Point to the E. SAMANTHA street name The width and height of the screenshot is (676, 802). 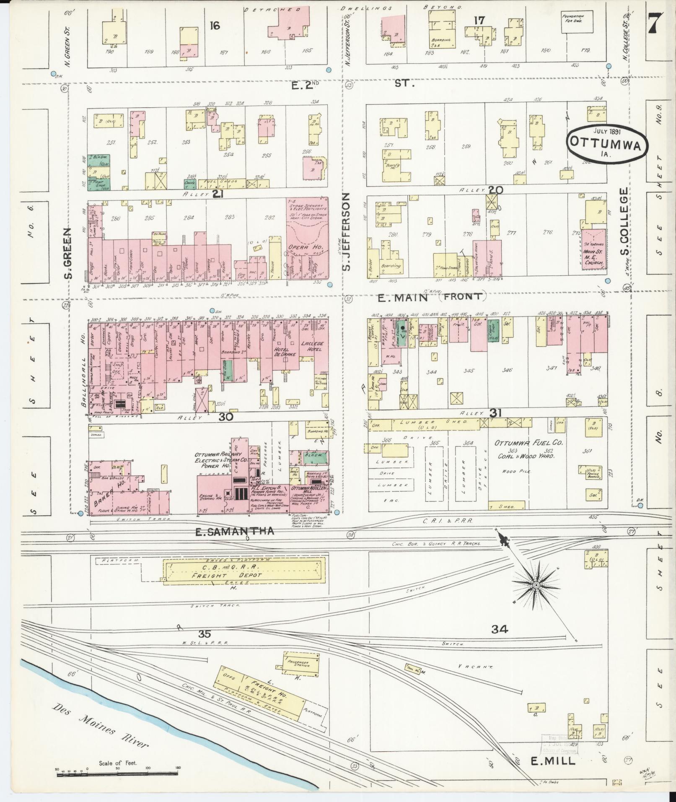235,532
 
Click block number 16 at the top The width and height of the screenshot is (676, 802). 215,26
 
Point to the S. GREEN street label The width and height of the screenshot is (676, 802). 69,253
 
